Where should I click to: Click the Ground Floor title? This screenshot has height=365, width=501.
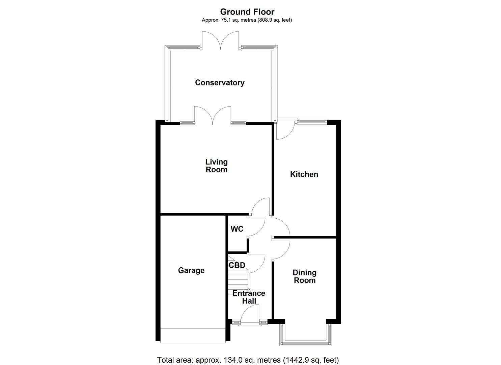(247, 12)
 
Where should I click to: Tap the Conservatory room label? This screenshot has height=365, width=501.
(220, 83)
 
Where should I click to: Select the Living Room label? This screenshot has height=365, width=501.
(217, 166)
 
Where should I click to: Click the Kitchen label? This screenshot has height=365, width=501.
(304, 174)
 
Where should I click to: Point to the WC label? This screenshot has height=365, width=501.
(237, 229)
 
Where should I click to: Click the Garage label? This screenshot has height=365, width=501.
(191, 270)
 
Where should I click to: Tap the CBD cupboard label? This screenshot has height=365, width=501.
(237, 265)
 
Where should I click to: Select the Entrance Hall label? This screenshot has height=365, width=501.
(249, 297)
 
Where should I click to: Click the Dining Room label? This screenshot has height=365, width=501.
(304, 276)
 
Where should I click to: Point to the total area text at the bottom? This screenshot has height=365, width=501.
(248, 360)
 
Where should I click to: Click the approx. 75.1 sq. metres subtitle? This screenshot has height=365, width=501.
(247, 20)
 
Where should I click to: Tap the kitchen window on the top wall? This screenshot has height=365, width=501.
(312, 122)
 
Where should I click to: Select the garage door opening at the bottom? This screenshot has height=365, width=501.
(193, 336)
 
